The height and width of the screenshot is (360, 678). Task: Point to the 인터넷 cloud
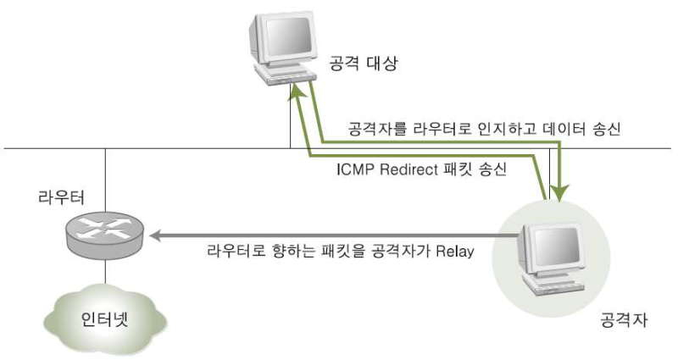pyautogui.click(x=105, y=320)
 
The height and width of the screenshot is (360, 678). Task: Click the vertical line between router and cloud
pyautogui.click(x=105, y=274)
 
